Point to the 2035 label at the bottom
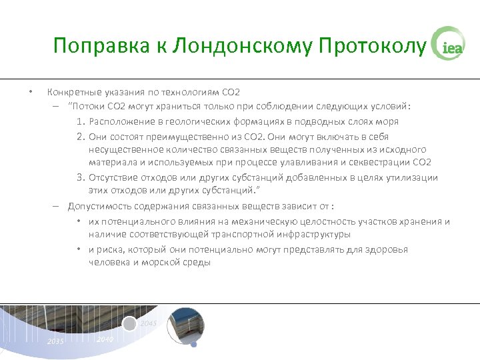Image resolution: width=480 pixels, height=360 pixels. tap(55, 341)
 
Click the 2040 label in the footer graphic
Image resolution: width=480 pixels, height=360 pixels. tap(104, 339)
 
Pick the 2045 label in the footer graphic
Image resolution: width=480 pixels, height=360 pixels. tap(149, 323)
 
